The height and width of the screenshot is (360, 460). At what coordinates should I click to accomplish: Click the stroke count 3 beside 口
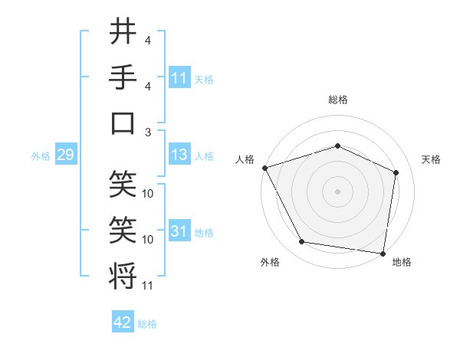(148, 131)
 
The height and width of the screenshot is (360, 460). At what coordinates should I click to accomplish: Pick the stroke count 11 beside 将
(148, 286)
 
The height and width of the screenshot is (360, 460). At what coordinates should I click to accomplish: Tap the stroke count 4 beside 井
(148, 40)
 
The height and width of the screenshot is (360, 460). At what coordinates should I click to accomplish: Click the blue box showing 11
(179, 78)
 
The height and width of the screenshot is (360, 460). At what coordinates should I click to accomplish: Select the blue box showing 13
(179, 155)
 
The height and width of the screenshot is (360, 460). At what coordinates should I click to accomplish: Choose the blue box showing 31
(179, 231)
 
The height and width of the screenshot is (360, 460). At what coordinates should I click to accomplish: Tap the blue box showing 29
(65, 155)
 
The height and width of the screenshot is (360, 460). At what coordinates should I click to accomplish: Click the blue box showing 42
(123, 323)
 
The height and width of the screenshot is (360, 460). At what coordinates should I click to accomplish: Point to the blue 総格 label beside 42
(148, 324)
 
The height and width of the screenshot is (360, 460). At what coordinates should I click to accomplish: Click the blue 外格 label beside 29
(41, 156)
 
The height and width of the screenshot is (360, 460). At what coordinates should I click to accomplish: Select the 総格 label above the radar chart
(337, 100)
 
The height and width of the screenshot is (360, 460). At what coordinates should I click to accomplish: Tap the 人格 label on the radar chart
(245, 159)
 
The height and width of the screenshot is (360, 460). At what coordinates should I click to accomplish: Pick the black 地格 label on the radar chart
(402, 262)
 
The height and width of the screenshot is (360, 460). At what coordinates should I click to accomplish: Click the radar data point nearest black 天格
(396, 172)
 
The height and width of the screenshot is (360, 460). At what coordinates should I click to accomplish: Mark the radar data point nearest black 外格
(302, 243)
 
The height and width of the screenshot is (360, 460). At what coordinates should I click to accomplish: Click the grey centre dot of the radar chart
(337, 191)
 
